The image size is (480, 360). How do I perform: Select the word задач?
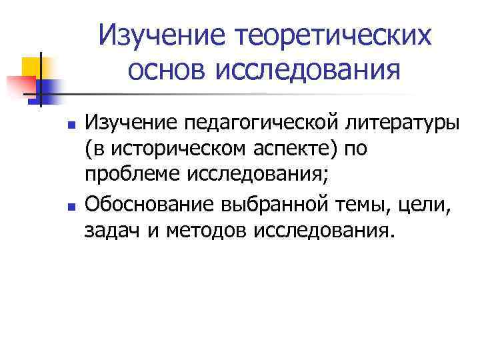tap(109, 231)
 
